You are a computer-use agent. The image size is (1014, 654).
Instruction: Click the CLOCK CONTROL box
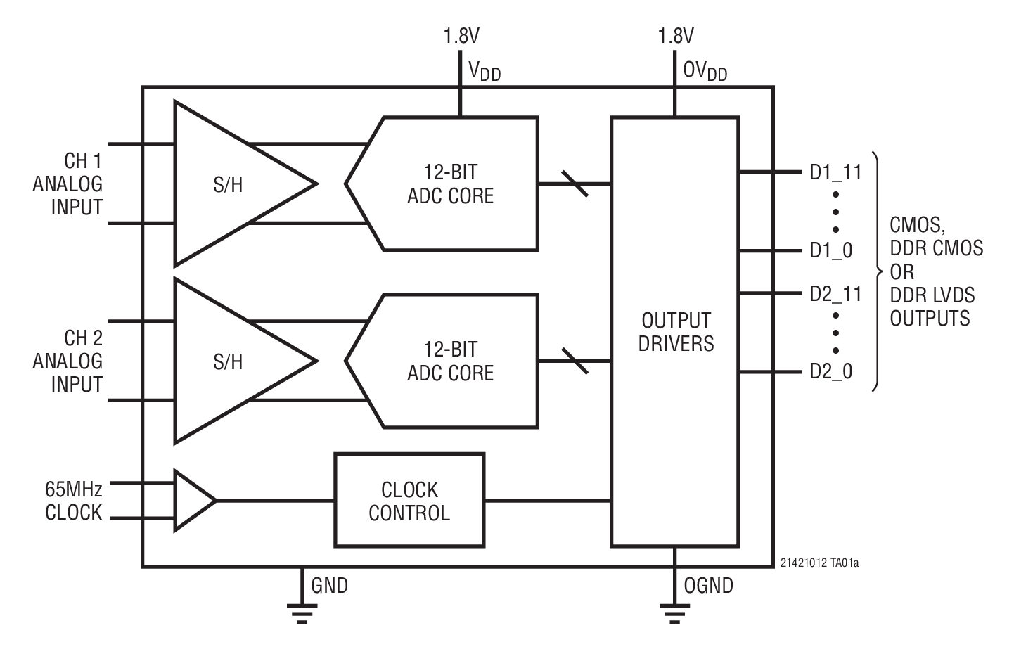tap(409, 500)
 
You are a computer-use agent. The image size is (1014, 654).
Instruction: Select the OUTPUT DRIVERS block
tap(675, 331)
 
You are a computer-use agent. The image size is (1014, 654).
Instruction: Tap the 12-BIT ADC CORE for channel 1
tap(450, 184)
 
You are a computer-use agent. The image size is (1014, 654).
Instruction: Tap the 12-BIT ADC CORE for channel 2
tap(450, 361)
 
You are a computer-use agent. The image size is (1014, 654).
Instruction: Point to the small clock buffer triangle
tap(191, 500)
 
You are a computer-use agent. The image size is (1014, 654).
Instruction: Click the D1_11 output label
tap(835, 172)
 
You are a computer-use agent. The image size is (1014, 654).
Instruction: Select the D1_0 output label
tap(830, 250)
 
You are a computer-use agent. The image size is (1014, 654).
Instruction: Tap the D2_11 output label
tap(835, 293)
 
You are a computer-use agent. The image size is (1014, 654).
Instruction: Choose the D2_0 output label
tap(830, 371)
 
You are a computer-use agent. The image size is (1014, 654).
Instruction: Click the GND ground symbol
tap(302, 611)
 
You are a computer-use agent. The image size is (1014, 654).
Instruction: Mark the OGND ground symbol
tap(674, 611)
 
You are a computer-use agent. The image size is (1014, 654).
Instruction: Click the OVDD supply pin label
tap(705, 70)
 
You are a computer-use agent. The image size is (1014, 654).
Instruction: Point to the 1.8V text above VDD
tap(461, 35)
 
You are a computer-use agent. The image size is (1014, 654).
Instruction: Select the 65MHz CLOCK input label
tap(73, 500)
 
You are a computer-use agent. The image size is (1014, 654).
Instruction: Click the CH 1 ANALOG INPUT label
tap(68, 184)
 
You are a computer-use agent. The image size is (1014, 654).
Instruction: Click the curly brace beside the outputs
tap(876, 271)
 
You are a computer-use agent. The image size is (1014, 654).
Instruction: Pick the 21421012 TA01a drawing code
tap(819, 562)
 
